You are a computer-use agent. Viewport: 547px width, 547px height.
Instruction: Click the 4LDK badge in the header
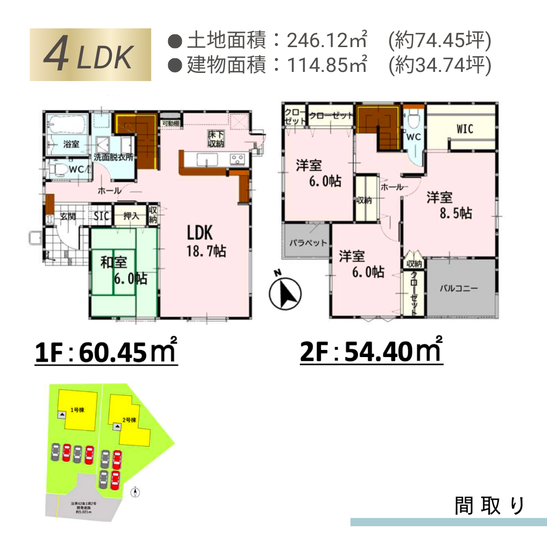tap(90, 55)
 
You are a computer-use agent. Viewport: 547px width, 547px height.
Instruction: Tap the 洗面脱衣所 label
tap(114, 157)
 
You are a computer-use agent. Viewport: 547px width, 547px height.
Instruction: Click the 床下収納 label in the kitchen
tap(215, 139)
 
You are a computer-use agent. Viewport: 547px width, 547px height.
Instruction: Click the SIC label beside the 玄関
tap(101, 216)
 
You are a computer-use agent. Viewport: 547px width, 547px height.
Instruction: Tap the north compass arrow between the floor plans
tap(284, 293)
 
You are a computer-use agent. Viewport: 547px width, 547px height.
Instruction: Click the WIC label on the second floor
tap(464, 129)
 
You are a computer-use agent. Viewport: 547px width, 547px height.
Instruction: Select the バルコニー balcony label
tap(458, 289)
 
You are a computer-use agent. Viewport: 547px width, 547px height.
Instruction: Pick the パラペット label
tap(308, 243)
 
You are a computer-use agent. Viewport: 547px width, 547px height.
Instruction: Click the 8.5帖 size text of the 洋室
tap(456, 213)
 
